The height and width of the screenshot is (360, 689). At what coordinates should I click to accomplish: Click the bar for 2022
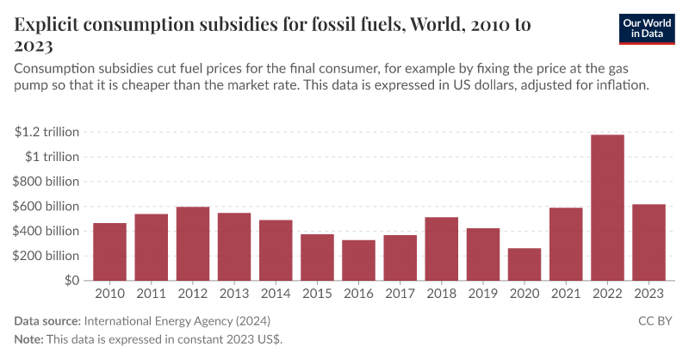(607, 208)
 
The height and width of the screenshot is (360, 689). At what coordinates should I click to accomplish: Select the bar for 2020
(525, 264)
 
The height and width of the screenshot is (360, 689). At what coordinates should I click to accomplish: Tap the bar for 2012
(193, 244)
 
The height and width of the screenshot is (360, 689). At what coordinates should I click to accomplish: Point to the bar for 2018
(442, 249)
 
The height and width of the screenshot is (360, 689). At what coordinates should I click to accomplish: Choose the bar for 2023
(649, 242)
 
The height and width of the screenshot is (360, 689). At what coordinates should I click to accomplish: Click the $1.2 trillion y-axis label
(47, 132)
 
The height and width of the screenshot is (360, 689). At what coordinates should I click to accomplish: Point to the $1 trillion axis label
(52, 157)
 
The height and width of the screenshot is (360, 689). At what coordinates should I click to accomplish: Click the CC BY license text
(657, 321)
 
